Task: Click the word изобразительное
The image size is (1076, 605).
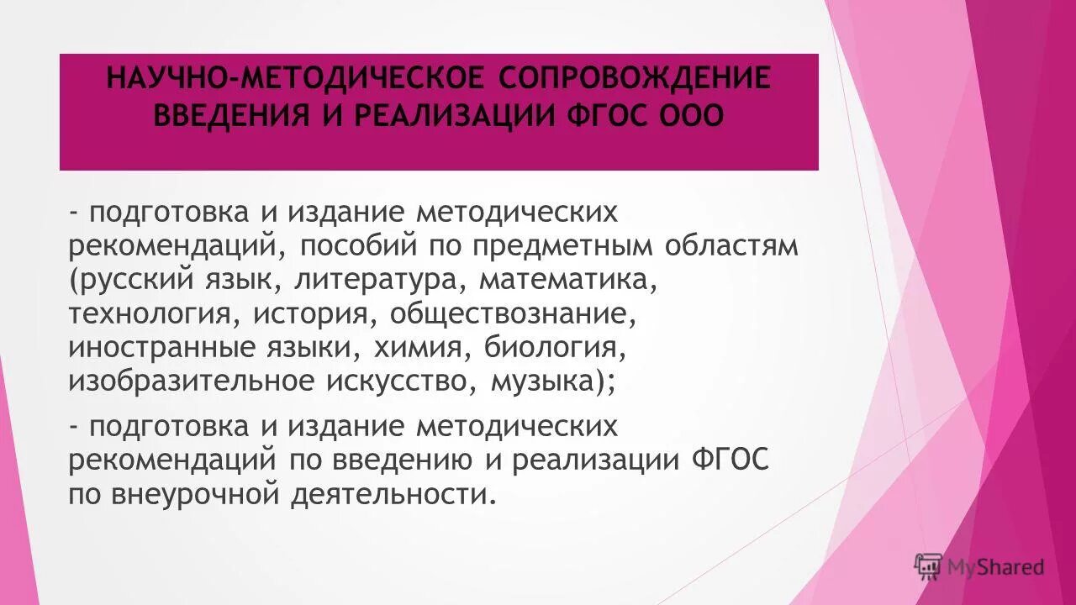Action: click(191, 382)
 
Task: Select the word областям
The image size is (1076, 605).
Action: click(731, 245)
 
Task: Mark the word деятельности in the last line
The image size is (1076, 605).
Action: click(388, 494)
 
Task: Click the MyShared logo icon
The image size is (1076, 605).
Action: click(928, 567)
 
